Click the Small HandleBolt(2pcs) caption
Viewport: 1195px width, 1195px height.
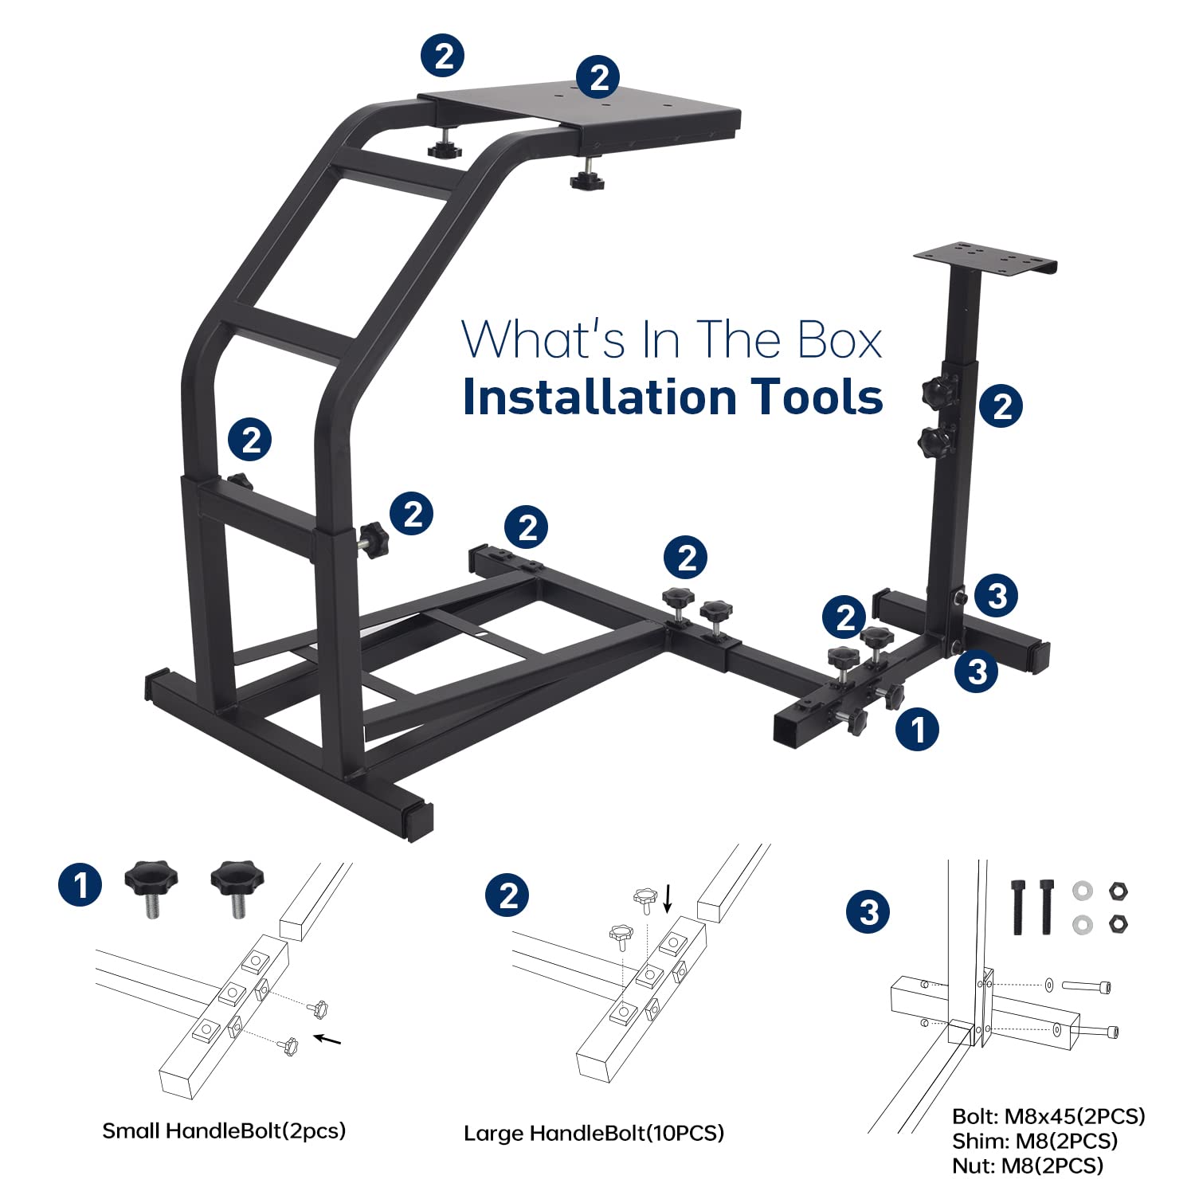[x=224, y=1130]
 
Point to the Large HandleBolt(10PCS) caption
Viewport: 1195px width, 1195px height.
[x=594, y=1133]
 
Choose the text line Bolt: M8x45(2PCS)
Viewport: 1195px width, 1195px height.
[x=1048, y=1116]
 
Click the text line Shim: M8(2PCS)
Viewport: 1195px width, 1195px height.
[x=1035, y=1141]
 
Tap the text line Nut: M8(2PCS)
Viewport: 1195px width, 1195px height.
[x=1028, y=1166]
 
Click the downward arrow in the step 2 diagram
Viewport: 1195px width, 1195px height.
[x=668, y=898]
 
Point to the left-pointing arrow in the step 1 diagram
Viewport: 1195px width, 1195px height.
[x=327, y=1039]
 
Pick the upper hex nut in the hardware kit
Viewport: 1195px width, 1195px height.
[x=1119, y=891]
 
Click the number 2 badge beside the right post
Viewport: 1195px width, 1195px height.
[x=1001, y=406]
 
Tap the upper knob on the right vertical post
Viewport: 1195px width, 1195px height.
[x=934, y=392]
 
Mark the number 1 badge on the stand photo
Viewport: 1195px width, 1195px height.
[x=917, y=729]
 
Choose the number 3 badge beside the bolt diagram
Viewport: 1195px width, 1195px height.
[x=868, y=911]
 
